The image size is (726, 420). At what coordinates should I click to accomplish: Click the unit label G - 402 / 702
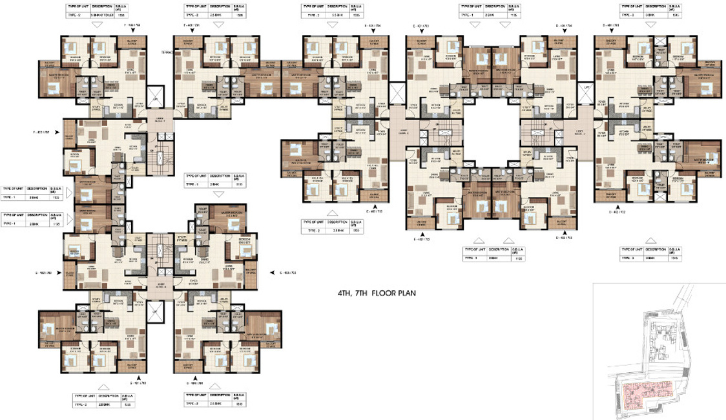[48, 272]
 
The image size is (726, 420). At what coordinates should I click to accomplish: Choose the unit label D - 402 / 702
[619, 211]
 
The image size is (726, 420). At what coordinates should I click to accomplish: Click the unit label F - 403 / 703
[132, 24]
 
